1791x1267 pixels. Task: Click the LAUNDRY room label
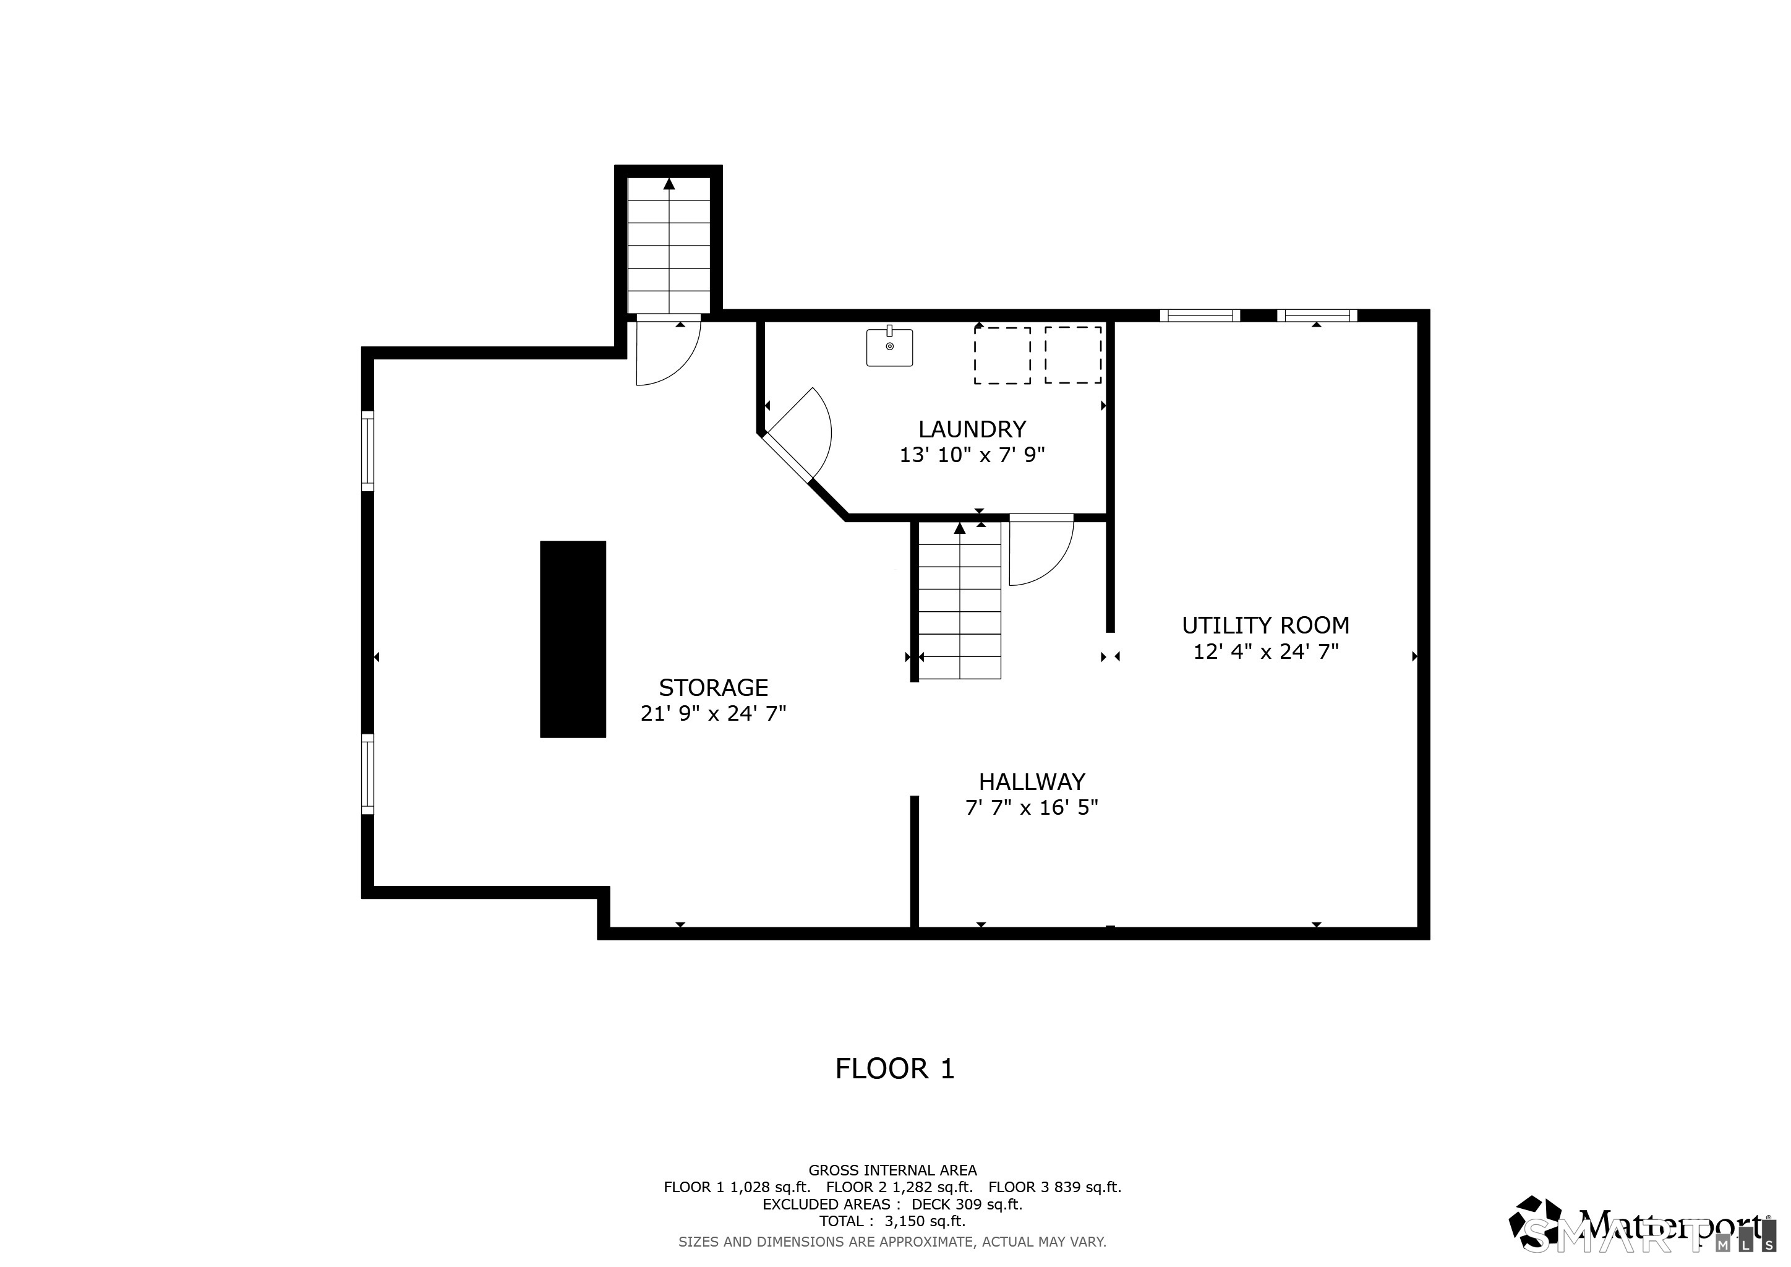pos(972,429)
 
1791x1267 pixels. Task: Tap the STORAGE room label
pos(714,687)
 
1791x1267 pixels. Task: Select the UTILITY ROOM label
pos(1265,625)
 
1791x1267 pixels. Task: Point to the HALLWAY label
pos(1032,782)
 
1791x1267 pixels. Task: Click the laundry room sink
pos(889,347)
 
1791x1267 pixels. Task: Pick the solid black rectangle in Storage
pos(573,639)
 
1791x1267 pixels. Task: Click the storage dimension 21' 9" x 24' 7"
pos(714,713)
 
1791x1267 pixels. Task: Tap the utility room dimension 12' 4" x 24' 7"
pos(1266,651)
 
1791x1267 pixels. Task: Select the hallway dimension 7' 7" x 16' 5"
pos(1032,807)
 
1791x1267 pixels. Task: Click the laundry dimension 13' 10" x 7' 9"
pos(972,455)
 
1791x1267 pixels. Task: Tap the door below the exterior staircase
pos(669,350)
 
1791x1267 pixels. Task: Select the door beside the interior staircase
pos(1041,550)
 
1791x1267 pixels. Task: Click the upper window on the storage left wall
pos(367,451)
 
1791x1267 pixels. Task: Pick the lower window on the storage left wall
pos(367,774)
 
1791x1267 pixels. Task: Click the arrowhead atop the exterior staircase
pos(669,184)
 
